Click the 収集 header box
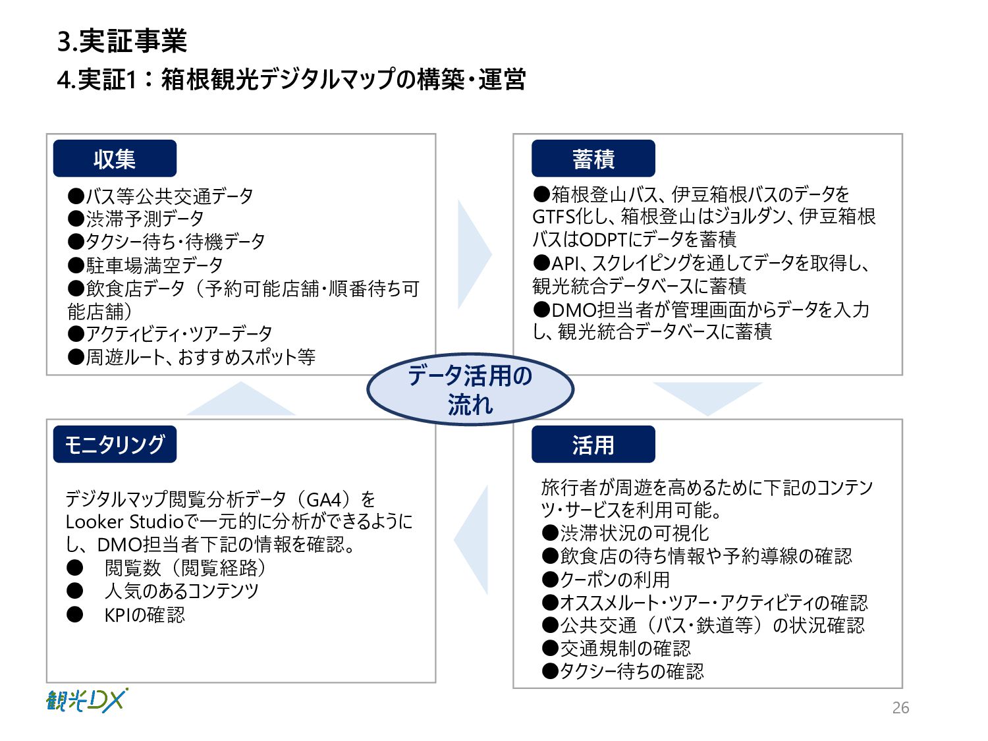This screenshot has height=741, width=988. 115,159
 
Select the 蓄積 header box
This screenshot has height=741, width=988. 593,159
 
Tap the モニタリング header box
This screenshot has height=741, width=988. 115,445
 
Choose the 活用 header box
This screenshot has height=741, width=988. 593,445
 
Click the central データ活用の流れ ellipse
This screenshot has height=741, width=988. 470,389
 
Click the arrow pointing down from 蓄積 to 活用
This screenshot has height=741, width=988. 707,397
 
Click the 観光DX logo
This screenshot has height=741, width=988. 86,701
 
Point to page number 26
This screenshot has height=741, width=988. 900,708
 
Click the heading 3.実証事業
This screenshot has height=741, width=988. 123,41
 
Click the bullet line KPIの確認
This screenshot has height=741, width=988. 144,615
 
